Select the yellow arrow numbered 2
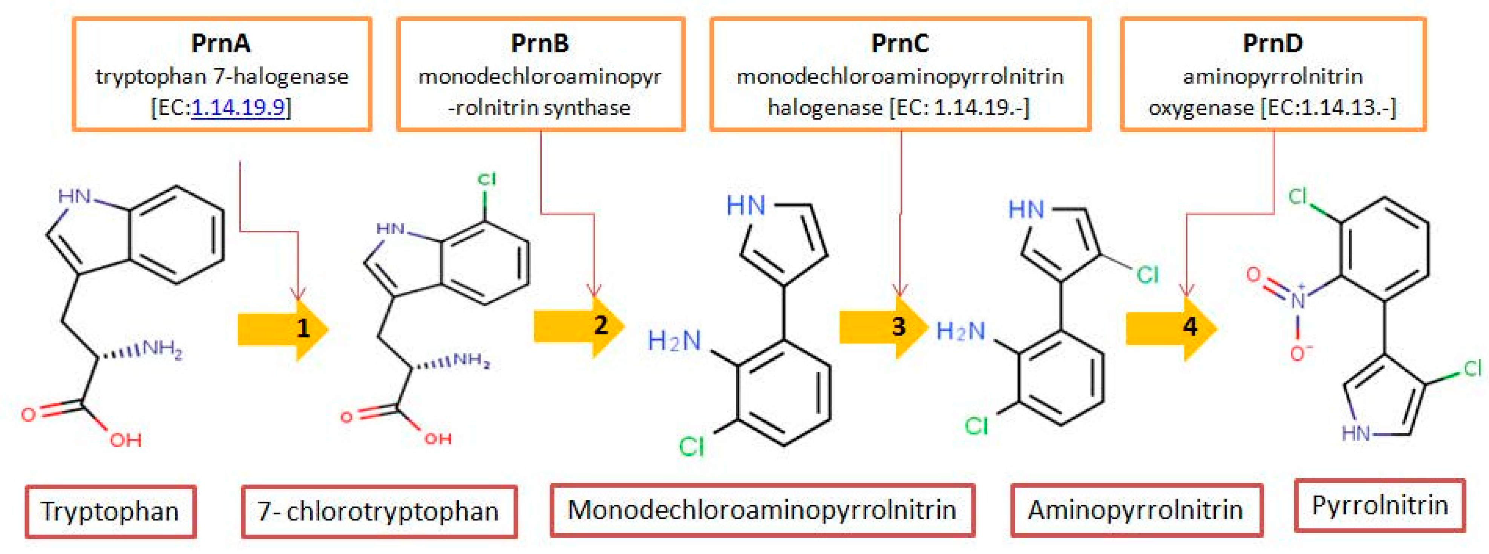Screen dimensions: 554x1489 pyautogui.click(x=578, y=327)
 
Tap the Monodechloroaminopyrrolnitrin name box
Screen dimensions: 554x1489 pyautogui.click(x=762, y=510)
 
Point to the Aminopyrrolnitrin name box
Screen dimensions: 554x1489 pyautogui.click(x=1136, y=510)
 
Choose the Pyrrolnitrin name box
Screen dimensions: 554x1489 pyautogui.click(x=1380, y=505)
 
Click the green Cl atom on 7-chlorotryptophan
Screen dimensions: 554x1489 pyautogui.click(x=486, y=180)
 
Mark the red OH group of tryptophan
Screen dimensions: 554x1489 pyautogui.click(x=126, y=441)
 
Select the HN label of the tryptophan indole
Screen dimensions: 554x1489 pyautogui.click(x=75, y=197)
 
